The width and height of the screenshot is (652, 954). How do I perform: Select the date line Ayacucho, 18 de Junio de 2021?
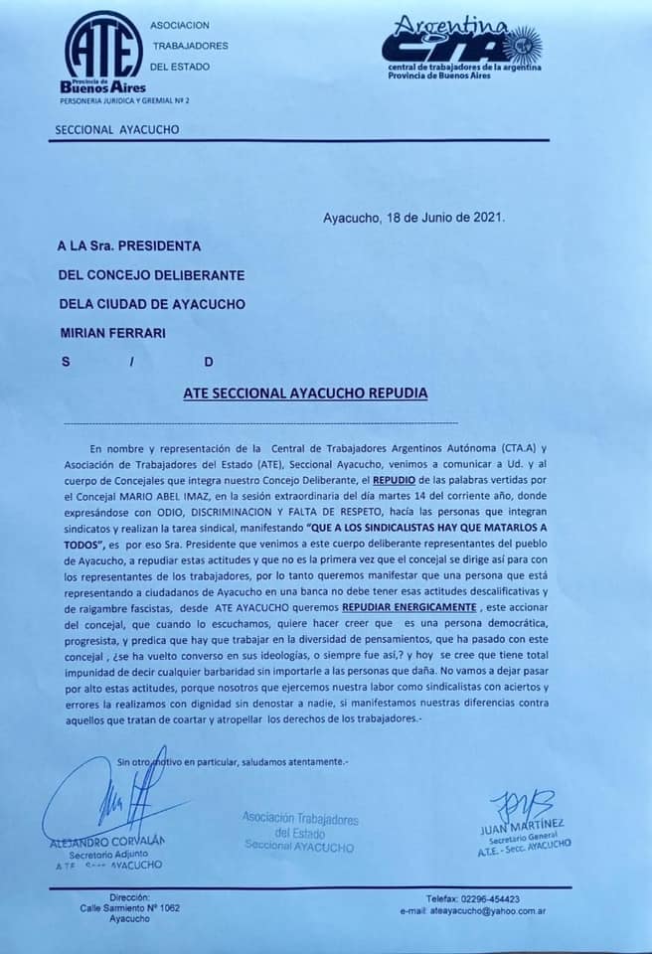(414, 217)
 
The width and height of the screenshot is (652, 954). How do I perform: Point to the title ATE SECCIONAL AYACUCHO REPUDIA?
(305, 394)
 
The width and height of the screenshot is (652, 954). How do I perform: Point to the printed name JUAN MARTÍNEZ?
(522, 824)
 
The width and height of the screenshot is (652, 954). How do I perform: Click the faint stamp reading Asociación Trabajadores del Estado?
(300, 832)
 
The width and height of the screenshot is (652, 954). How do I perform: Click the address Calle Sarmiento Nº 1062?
(130, 907)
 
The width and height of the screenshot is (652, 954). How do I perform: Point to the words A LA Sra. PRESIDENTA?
(131, 244)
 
